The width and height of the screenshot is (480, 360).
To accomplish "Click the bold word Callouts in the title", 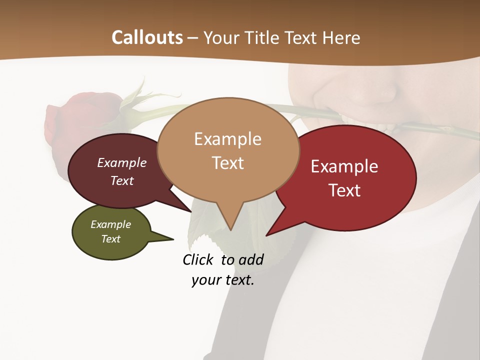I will click(147, 37).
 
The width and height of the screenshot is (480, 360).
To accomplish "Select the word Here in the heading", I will click(342, 37).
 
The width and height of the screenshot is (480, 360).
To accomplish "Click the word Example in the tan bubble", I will click(227, 139).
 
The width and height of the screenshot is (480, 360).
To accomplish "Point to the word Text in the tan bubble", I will click(227, 163).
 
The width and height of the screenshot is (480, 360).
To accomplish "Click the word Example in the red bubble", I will click(344, 166).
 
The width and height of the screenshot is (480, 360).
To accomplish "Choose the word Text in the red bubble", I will click(344, 190).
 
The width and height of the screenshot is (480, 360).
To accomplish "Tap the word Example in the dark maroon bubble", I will click(122, 163).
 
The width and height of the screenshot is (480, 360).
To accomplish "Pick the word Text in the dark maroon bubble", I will click(122, 181).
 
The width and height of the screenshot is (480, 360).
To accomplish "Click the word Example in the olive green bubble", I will click(111, 224).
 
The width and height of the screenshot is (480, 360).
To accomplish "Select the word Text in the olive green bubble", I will click(111, 239).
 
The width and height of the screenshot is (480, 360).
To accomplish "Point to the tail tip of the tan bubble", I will click(230, 229).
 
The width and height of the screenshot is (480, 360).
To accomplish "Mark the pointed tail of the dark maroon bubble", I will click(190, 211).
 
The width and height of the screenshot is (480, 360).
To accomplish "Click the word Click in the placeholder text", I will click(198, 259).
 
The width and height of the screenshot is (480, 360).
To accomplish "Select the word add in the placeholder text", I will click(251, 259).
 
